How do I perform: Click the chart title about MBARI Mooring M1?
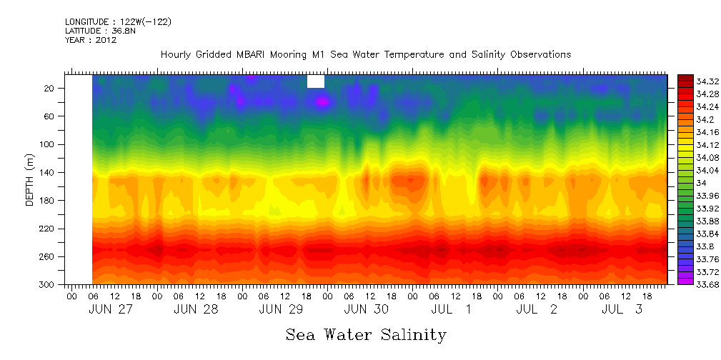(x=365, y=54)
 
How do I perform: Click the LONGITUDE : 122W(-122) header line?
(x=118, y=22)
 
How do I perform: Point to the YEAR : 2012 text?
(x=90, y=40)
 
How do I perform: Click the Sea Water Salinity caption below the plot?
(x=366, y=334)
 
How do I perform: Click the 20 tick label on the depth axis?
(x=50, y=88)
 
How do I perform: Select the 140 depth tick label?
(x=48, y=172)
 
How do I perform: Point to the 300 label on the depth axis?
(x=48, y=284)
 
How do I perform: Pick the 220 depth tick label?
(x=48, y=229)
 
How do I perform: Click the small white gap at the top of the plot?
(x=316, y=81)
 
